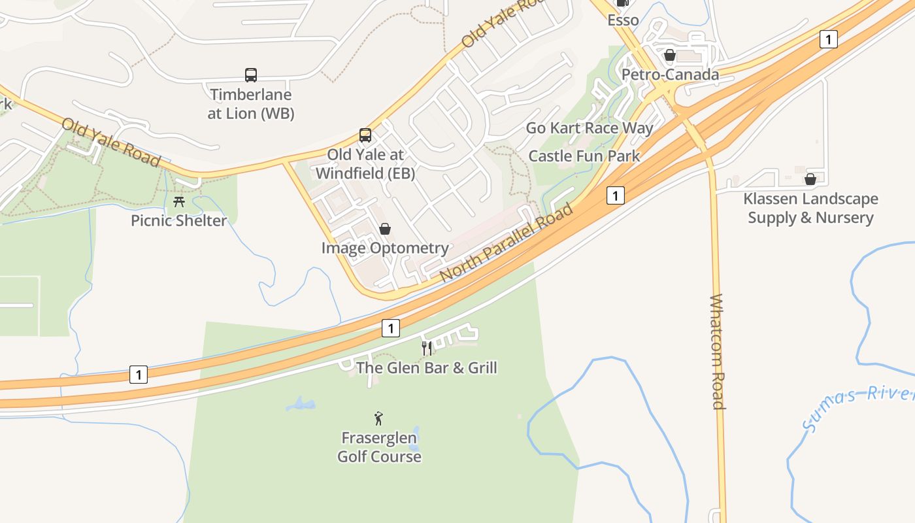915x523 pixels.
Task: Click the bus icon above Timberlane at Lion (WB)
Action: coord(251,75)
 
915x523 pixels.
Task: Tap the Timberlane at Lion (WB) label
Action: coord(251,104)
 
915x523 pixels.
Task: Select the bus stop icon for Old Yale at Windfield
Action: coord(365,135)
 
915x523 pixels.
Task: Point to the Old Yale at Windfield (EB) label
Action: coord(365,164)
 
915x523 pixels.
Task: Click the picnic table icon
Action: coord(179,201)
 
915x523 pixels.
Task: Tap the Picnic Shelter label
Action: coord(179,220)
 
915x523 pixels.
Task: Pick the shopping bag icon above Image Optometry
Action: coord(385,229)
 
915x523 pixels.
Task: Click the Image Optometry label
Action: coord(385,248)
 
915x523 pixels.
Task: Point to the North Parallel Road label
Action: coord(507,243)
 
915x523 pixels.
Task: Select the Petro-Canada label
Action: coord(670,75)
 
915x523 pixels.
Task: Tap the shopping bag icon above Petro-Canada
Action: coord(669,55)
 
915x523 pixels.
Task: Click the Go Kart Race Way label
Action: coord(590,127)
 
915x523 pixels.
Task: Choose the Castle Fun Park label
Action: coord(584,156)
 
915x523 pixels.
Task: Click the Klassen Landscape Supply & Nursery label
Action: coord(810,208)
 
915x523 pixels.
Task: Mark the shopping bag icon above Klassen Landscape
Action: coord(810,179)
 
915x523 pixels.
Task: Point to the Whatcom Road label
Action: coord(718,352)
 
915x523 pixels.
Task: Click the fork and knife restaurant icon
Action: coord(427,348)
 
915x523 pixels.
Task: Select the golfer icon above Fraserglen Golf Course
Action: coord(378,418)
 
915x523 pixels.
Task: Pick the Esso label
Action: coord(623,20)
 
